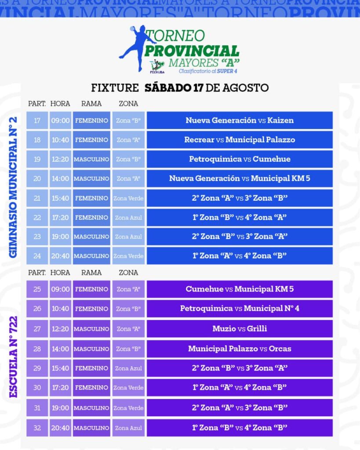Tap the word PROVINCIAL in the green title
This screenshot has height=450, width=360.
(192, 51)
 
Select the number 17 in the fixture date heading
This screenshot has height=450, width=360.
(198, 87)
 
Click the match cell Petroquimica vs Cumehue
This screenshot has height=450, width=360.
(240, 159)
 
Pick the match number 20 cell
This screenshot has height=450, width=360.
(37, 178)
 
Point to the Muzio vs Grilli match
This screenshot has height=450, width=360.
(240, 329)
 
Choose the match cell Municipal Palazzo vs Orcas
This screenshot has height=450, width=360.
(240, 348)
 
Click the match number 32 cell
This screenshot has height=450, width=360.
(37, 428)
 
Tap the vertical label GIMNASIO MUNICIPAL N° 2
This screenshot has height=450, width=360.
(13, 187)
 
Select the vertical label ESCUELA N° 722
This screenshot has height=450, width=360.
(13, 357)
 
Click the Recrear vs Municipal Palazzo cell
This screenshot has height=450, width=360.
(240, 140)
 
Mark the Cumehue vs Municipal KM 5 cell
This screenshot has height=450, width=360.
(240, 289)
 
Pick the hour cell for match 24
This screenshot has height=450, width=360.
(60, 256)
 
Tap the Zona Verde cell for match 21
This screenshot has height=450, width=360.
(128, 198)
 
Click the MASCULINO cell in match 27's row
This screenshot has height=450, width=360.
(91, 329)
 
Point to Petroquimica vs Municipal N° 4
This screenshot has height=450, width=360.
(240, 308)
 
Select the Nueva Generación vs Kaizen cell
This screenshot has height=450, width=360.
(240, 120)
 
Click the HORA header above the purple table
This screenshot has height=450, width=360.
(60, 272)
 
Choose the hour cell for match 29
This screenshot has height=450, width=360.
(60, 368)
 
